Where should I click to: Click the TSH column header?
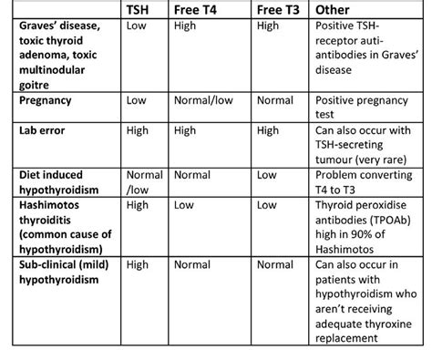tap(139, 9)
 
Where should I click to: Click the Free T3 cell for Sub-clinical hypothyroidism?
tap(275, 265)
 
